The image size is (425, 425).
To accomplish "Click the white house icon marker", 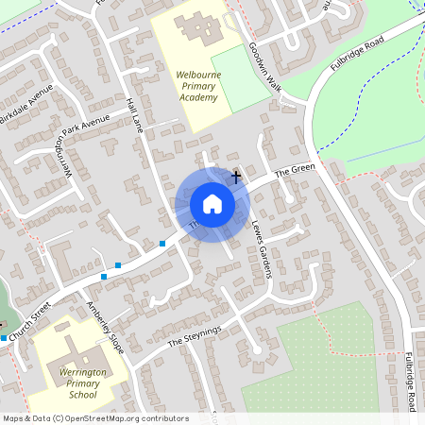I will click(212, 203).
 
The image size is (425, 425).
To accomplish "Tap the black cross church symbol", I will click(236, 176).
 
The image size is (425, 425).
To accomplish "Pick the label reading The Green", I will click(294, 171).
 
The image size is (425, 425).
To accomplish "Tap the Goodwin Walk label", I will click(265, 66).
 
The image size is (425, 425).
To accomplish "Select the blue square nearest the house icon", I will click(162, 244).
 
